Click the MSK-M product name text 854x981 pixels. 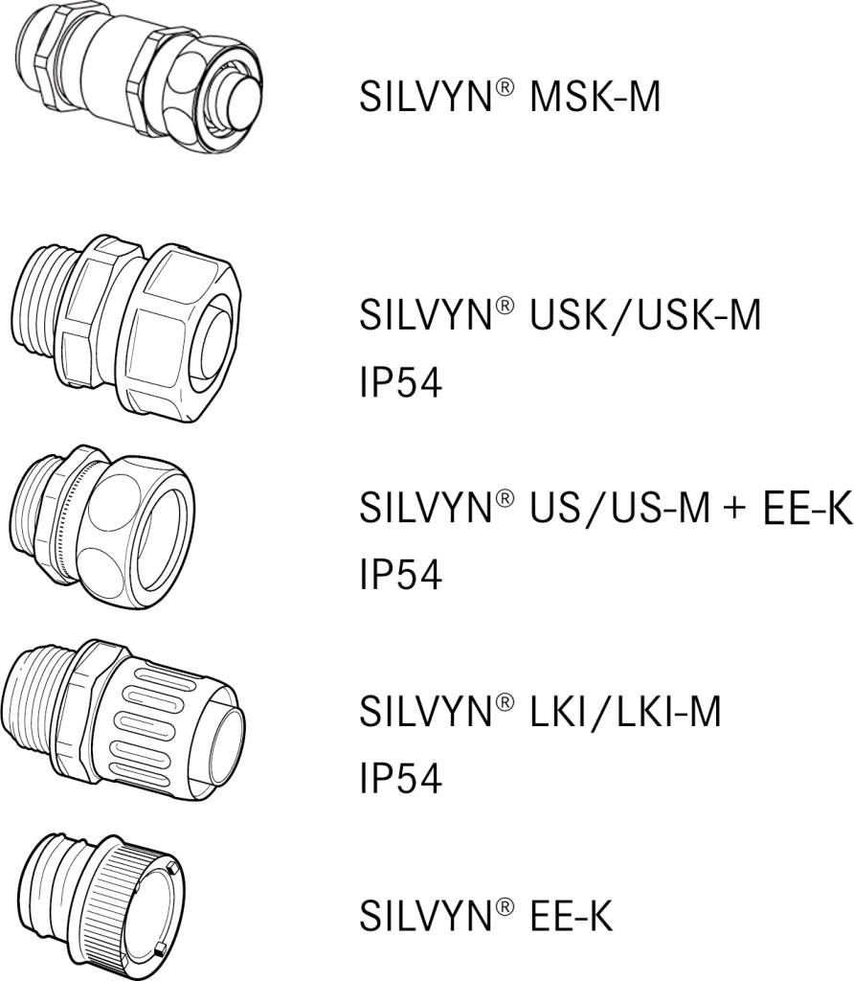coord(509,97)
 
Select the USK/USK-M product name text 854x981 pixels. coord(560,314)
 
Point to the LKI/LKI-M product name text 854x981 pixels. coord(540,711)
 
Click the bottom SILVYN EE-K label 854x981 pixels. coord(485,915)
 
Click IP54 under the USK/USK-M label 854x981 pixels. coord(400,383)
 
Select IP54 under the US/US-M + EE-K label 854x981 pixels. coord(400,576)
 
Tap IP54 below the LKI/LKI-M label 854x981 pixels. coord(400,780)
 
